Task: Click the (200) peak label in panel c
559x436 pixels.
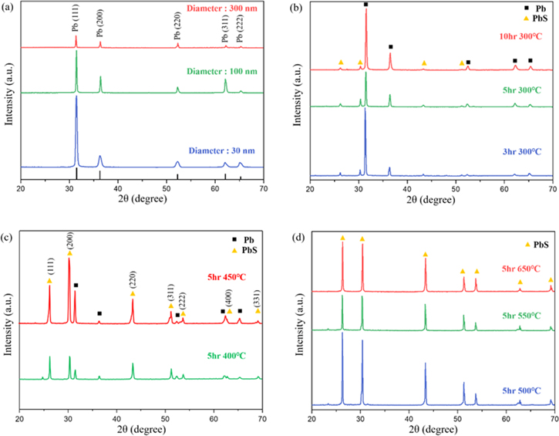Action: (x=69, y=238)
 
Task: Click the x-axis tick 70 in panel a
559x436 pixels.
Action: (x=263, y=188)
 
